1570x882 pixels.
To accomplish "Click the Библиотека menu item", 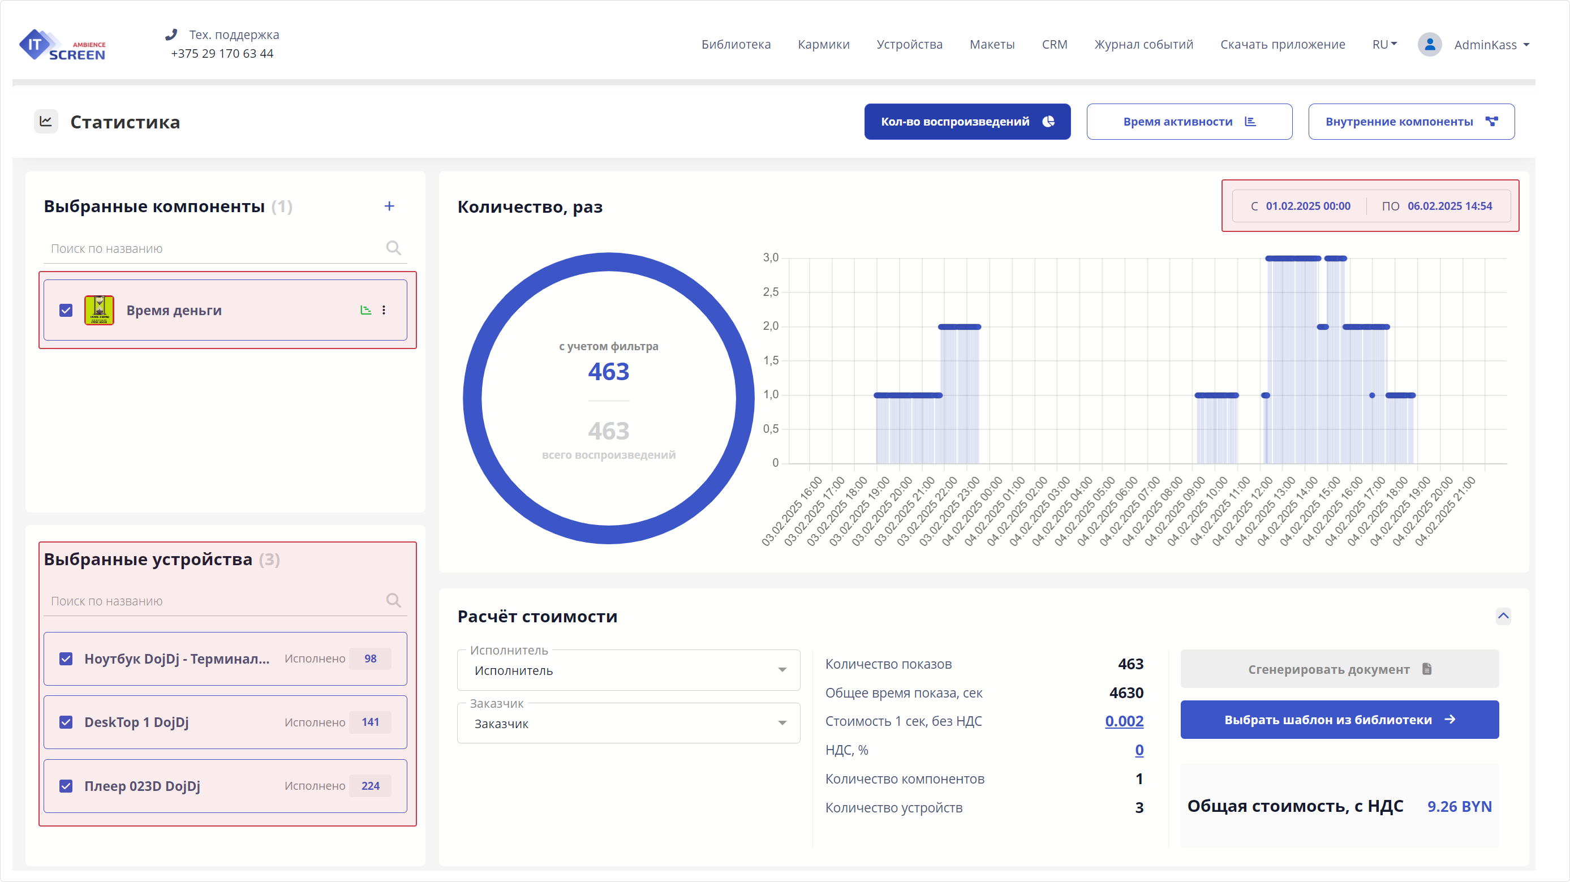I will click(x=735, y=45).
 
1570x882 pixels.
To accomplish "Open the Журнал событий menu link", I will click(x=1143, y=45).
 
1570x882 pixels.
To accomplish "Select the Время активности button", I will click(x=1189, y=122).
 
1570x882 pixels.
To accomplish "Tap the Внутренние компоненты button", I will click(x=1410, y=122).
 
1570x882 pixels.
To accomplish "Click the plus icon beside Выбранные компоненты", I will click(x=389, y=206).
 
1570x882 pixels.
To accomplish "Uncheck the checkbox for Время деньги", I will click(x=66, y=310).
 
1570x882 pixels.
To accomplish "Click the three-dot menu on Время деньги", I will click(x=384, y=310).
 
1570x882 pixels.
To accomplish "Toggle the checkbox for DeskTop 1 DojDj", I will click(x=66, y=722).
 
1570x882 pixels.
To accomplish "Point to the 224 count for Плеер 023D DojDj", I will click(x=370, y=786).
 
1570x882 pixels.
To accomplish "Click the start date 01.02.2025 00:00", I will click(x=1307, y=206).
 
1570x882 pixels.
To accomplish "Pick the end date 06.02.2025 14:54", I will click(x=1449, y=206).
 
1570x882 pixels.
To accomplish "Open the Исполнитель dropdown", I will click(x=628, y=670).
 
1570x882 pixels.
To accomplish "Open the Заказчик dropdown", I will click(x=628, y=724).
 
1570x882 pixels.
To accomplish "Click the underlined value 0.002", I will click(x=1124, y=722).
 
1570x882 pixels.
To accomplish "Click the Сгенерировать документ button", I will click(x=1339, y=669).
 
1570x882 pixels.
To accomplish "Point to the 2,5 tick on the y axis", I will click(x=771, y=292).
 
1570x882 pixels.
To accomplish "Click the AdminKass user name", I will click(x=1485, y=45).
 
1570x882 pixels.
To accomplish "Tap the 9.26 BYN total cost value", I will click(x=1459, y=806).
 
